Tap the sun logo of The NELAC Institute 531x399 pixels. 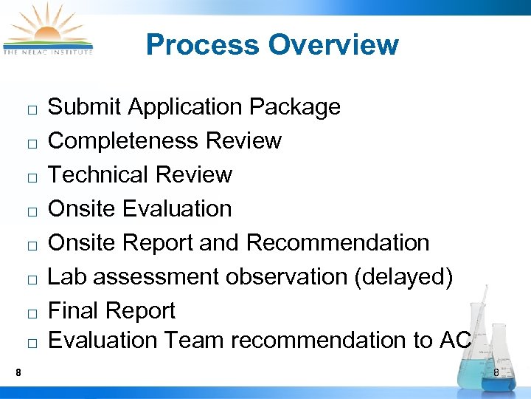click(x=47, y=28)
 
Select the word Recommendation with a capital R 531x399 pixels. click(x=338, y=242)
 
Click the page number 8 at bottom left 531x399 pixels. click(x=18, y=372)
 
